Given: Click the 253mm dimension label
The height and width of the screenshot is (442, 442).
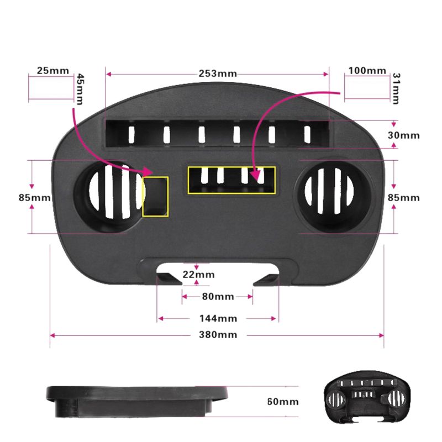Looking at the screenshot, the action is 218,73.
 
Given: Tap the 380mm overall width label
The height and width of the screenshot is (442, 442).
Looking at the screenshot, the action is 218,335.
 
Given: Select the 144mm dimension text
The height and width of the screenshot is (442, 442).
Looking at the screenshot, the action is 218,319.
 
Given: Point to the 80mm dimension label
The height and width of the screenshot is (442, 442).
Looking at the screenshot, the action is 218,297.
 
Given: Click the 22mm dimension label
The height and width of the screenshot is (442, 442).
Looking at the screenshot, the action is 198,274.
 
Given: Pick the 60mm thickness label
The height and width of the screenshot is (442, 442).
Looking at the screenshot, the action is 283,402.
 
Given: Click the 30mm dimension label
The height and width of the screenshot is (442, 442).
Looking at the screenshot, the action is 404,135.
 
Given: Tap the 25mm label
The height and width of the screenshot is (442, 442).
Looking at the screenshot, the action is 53,71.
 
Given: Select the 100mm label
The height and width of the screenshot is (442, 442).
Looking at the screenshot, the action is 367,71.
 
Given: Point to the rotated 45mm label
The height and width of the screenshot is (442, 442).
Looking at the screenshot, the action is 80,90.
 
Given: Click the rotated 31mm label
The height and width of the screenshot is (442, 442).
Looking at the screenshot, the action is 396,88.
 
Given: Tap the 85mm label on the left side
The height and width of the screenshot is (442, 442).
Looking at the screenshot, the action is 35,198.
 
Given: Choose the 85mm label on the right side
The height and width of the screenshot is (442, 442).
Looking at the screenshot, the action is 404,198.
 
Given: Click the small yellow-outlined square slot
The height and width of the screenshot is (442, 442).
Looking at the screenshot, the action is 155,197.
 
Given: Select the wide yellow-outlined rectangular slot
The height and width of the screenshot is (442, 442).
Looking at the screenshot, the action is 231,181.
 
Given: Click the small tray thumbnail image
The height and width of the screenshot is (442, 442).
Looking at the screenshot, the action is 367,397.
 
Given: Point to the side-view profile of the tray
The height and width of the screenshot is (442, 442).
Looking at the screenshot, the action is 137,402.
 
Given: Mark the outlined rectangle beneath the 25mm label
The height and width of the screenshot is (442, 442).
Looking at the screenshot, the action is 51,88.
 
